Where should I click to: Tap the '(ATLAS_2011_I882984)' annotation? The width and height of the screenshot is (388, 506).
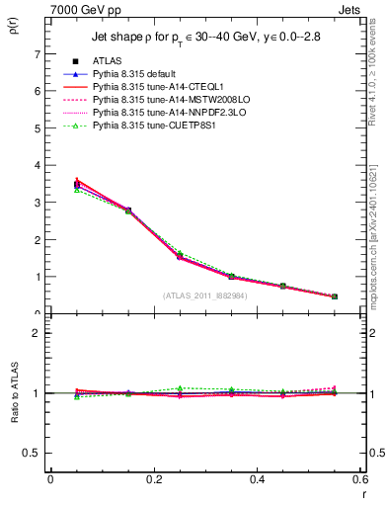[204, 295]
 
